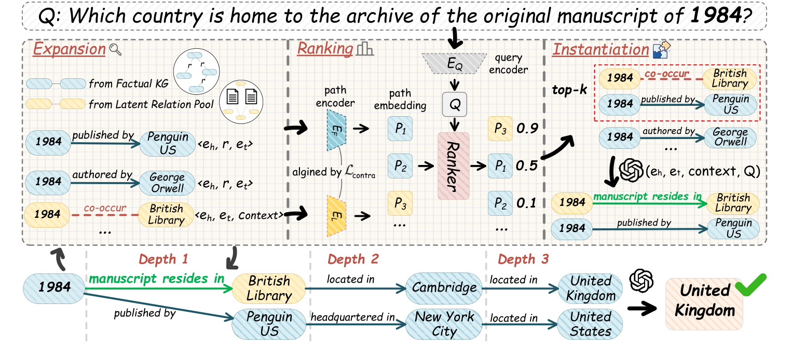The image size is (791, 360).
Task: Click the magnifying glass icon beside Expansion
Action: [x=115, y=50]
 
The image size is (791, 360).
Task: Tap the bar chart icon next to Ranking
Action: [x=365, y=49]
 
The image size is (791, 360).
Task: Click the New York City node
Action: [x=444, y=324]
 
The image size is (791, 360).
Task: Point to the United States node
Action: [x=590, y=324]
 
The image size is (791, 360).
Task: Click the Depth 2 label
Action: [x=353, y=258]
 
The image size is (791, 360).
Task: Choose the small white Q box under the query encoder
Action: [x=455, y=106]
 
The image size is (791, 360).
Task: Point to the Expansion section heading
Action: [x=69, y=49]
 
